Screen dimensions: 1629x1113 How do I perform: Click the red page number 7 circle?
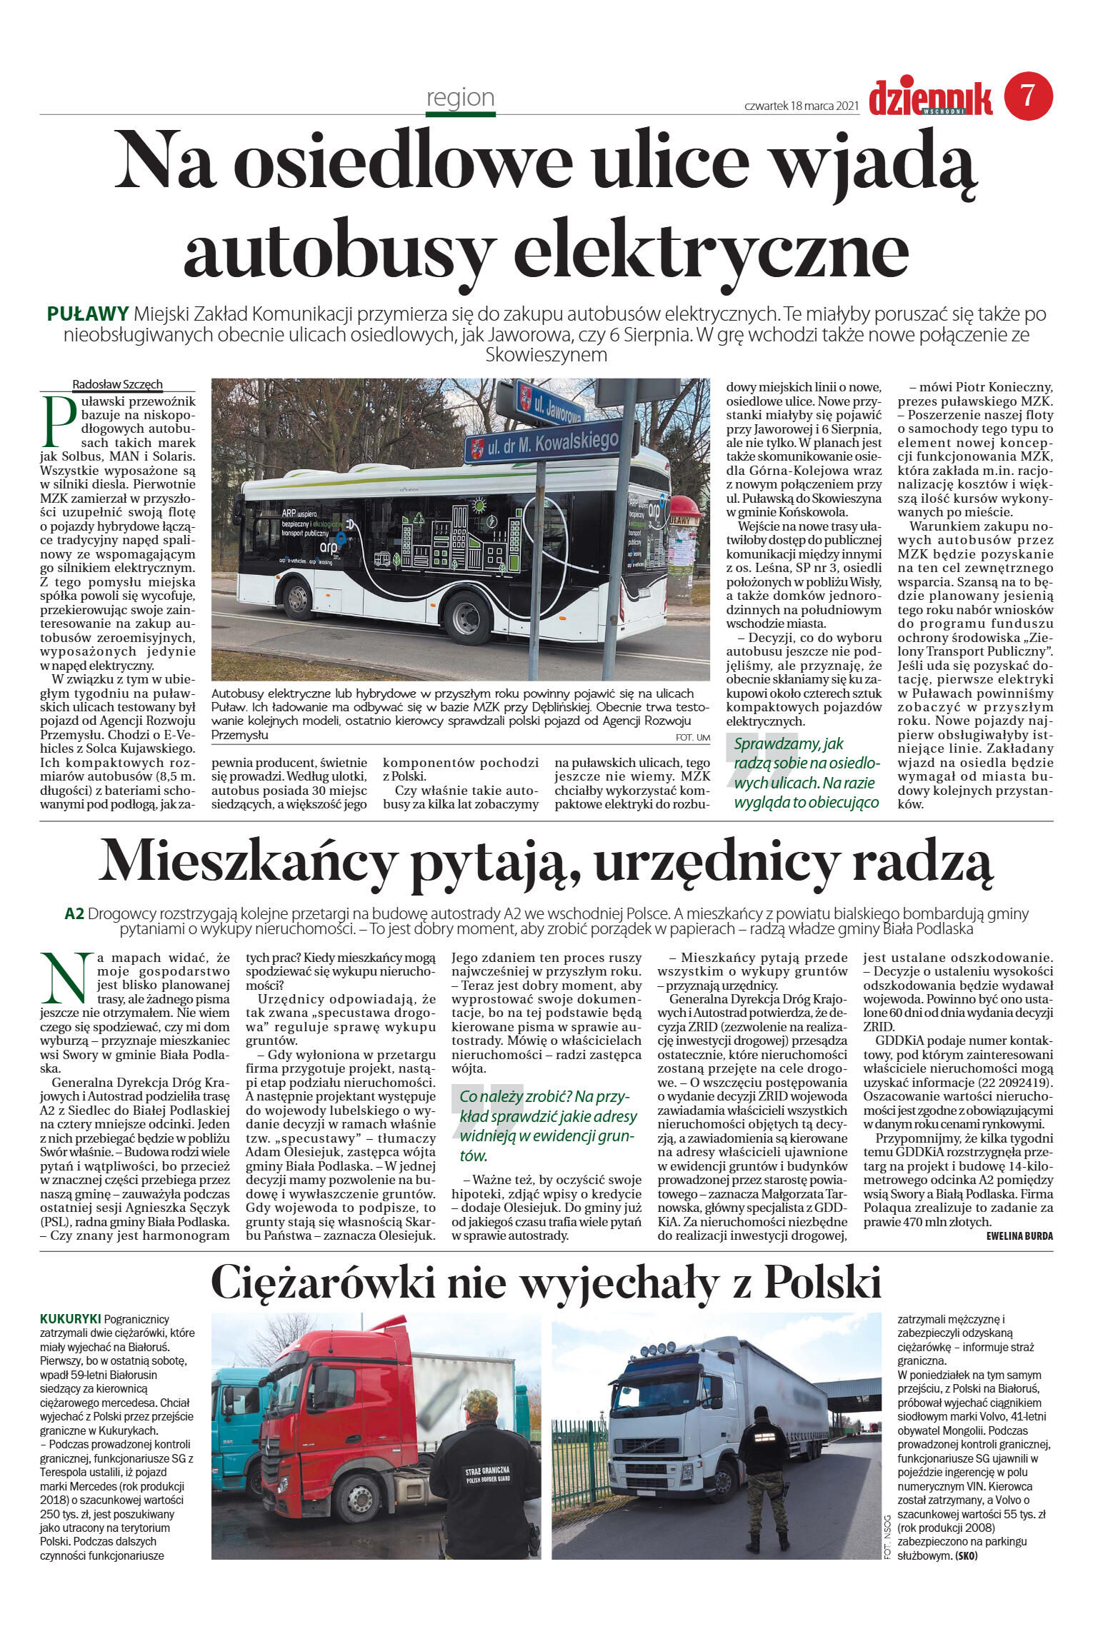1028,96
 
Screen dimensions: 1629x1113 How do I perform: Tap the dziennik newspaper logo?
930,98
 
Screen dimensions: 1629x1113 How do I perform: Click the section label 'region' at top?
460,97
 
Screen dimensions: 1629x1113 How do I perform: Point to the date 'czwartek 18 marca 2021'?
800,106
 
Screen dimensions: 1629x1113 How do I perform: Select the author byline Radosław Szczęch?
117,384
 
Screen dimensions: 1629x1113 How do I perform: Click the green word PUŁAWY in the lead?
88,314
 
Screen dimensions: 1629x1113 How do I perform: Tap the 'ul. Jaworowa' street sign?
549,405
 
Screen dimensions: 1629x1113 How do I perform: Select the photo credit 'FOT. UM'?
692,737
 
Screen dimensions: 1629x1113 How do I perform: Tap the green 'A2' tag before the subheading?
74,913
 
